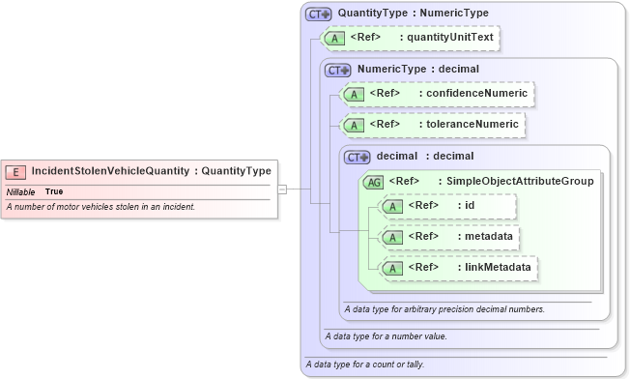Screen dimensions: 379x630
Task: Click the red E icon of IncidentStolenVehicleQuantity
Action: pyautogui.click(x=16, y=171)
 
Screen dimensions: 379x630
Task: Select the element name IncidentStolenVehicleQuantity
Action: pyautogui.click(x=110, y=171)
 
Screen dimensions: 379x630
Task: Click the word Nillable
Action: pyautogui.click(x=20, y=192)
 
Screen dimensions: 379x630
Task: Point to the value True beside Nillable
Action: pyautogui.click(x=55, y=192)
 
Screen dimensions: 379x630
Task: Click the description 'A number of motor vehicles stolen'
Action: pyautogui.click(x=100, y=207)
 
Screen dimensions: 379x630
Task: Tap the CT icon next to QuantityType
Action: pyautogui.click(x=318, y=14)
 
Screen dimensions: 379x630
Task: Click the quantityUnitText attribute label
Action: pyautogui.click(x=450, y=38)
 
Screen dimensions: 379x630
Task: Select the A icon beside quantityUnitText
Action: pyautogui.click(x=334, y=39)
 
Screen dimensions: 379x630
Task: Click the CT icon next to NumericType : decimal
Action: pyautogui.click(x=339, y=70)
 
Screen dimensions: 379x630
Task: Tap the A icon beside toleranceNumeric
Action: pyautogui.click(x=354, y=125)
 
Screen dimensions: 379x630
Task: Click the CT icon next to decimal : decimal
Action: pyautogui.click(x=358, y=156)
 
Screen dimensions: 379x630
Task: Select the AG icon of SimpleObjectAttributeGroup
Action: pyautogui.click(x=373, y=181)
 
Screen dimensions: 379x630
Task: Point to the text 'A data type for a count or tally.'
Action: pyautogui.click(x=364, y=364)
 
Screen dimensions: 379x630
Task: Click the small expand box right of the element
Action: pyautogui.click(x=282, y=189)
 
